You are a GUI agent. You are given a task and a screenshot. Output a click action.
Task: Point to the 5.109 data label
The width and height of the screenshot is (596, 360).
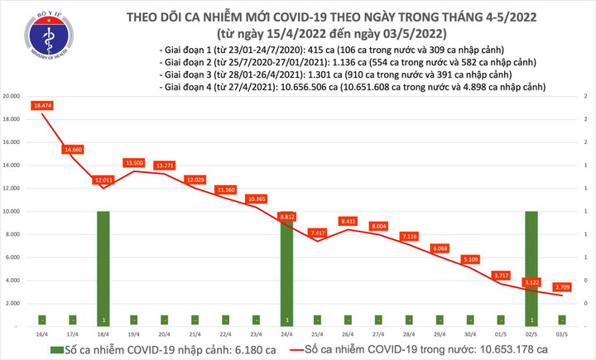tap(471, 258)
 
